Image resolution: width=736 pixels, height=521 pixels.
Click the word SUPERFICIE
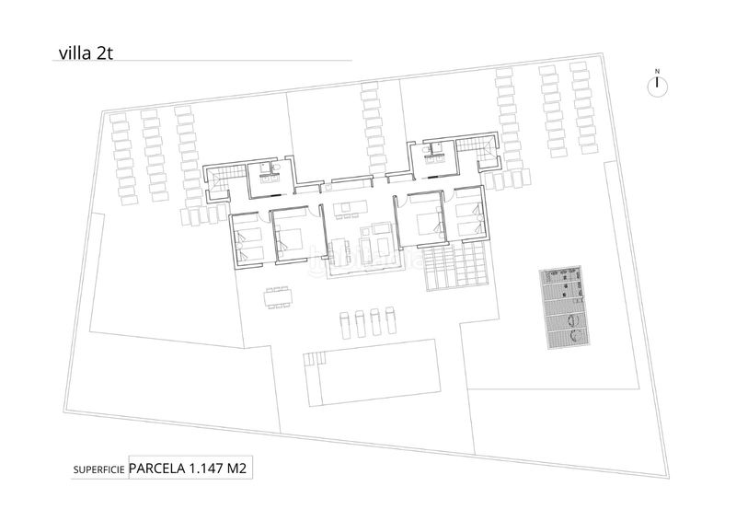click(98, 470)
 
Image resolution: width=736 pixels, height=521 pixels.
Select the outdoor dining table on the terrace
click(277, 297)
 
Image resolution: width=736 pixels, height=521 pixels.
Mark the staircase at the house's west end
click(224, 176)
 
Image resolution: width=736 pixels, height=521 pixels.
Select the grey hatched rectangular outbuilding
click(563, 307)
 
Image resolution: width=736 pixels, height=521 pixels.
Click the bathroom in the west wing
click(270, 171)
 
